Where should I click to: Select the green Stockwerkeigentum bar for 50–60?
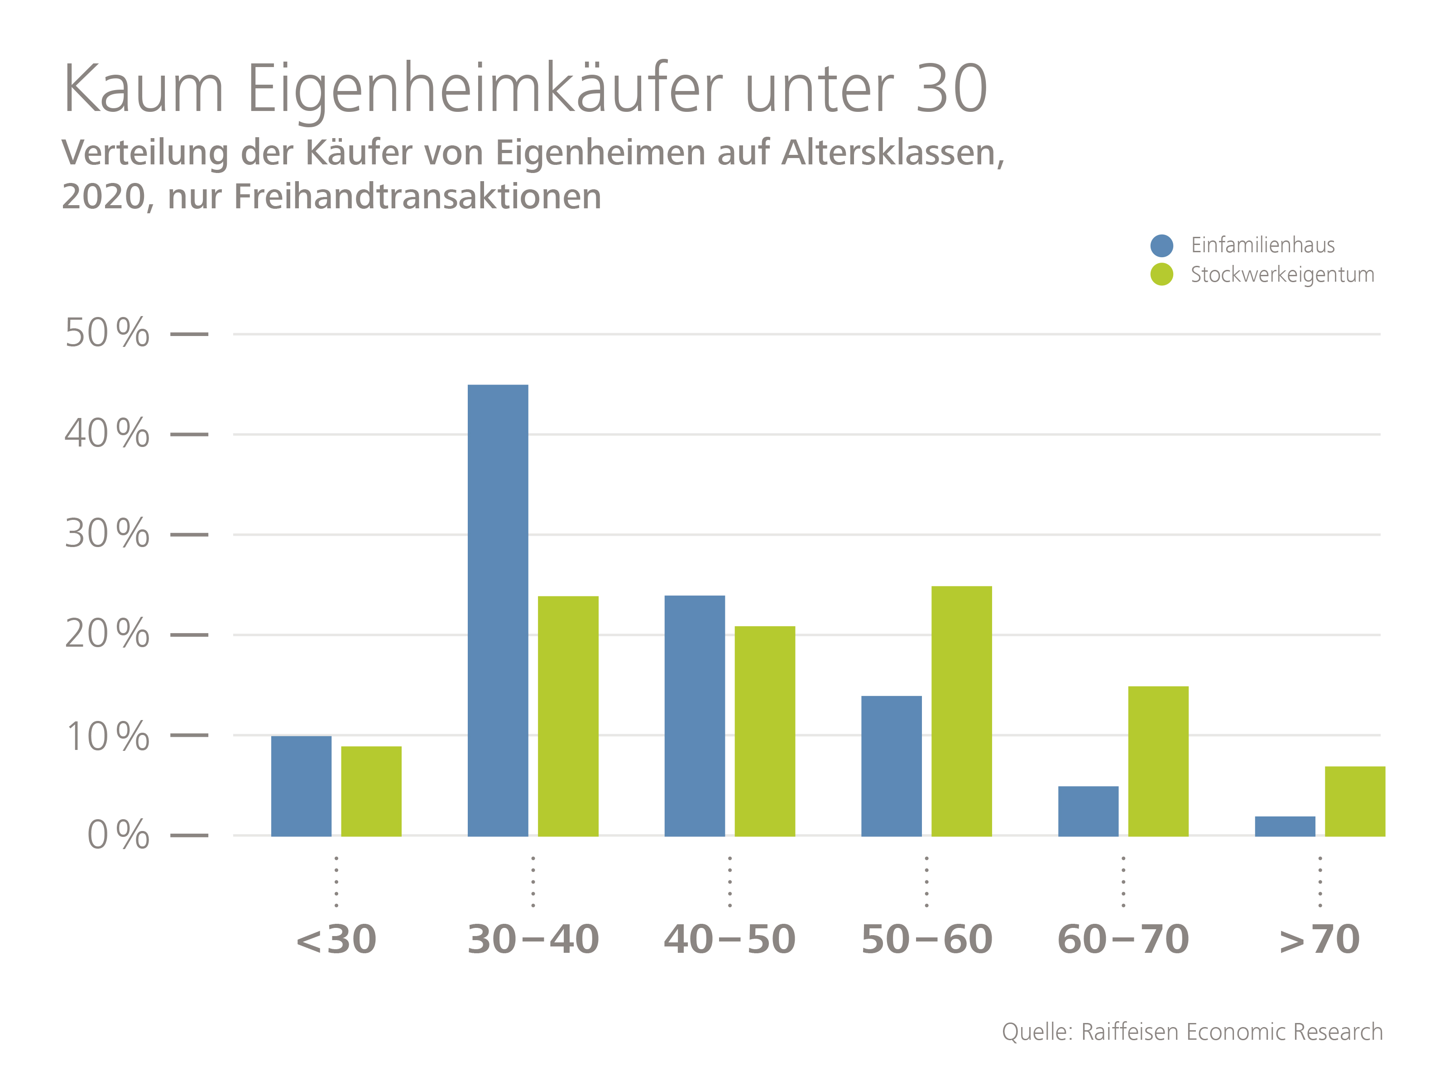pyautogui.click(x=961, y=711)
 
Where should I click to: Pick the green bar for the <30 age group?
pyautogui.click(x=371, y=791)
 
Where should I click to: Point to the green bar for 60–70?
pyautogui.click(x=1158, y=761)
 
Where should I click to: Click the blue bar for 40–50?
pyautogui.click(x=694, y=716)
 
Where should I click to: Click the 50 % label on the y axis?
pyautogui.click(x=107, y=333)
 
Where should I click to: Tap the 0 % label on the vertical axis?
pyautogui.click(x=118, y=835)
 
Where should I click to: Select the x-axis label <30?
pyautogui.click(x=336, y=939)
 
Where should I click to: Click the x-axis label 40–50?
pyautogui.click(x=729, y=939)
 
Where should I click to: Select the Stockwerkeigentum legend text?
pyautogui.click(x=1282, y=274)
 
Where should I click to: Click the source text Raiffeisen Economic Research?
pyautogui.click(x=1232, y=1032)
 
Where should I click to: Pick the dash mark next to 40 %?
pyautogui.click(x=189, y=434)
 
